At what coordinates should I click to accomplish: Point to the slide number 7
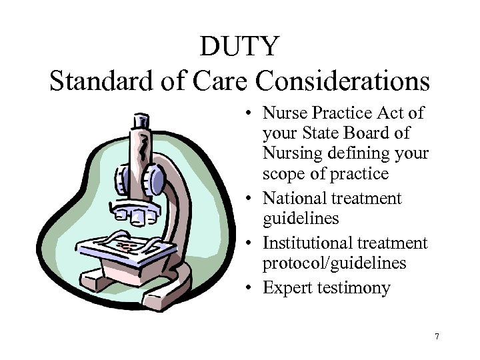click(x=437, y=337)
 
